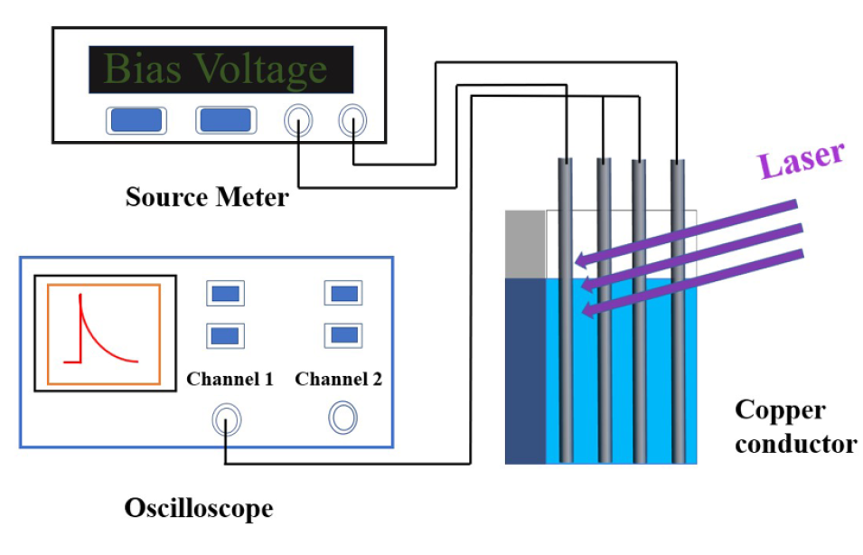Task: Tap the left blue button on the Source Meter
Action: [x=135, y=120]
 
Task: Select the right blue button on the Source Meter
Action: [x=225, y=120]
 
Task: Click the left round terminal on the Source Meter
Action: [x=298, y=120]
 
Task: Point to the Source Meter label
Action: [x=207, y=196]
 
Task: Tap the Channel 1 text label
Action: [x=230, y=379]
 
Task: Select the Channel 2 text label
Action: [x=338, y=379]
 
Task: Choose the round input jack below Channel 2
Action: [x=342, y=418]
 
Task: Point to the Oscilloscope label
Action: [x=198, y=509]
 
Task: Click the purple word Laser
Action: [x=801, y=160]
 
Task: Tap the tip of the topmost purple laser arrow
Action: [x=578, y=263]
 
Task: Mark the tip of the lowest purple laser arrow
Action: [x=584, y=313]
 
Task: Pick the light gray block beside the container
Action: [x=525, y=243]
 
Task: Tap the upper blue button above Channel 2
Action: [x=343, y=294]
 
